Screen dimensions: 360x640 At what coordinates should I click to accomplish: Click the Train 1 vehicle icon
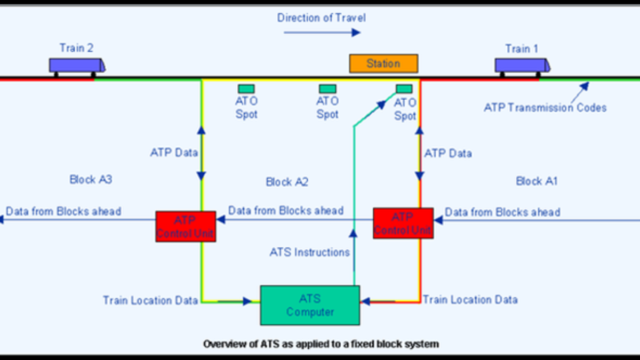pyautogui.click(x=522, y=65)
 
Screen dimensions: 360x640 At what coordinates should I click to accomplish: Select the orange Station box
pyautogui.click(x=383, y=63)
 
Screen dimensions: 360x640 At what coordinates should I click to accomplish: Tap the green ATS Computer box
pyautogui.click(x=310, y=305)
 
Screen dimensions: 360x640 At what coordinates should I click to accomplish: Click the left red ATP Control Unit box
pyautogui.click(x=186, y=227)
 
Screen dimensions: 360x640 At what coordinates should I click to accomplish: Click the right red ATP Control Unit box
pyautogui.click(x=403, y=223)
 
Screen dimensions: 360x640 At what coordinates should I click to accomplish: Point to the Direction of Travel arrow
pyautogui.click(x=322, y=33)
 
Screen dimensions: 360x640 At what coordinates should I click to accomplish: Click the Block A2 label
pyautogui.click(x=287, y=182)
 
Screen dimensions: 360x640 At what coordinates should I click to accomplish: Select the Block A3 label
pyautogui.click(x=91, y=179)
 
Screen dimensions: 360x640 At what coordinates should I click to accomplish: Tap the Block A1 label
pyautogui.click(x=537, y=181)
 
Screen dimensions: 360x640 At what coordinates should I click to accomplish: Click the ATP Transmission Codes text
pyautogui.click(x=545, y=108)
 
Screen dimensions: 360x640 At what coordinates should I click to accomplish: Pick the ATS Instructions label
pyautogui.click(x=309, y=252)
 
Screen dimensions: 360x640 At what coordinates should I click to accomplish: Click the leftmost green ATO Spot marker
pyautogui.click(x=246, y=89)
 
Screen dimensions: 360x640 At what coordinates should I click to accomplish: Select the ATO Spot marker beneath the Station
pyautogui.click(x=404, y=89)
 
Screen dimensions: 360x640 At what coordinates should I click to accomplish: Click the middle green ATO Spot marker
pyautogui.click(x=327, y=89)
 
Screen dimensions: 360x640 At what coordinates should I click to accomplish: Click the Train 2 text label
pyautogui.click(x=76, y=48)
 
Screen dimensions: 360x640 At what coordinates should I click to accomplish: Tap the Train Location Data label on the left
pyautogui.click(x=150, y=300)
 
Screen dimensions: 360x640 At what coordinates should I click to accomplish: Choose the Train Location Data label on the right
pyautogui.click(x=470, y=300)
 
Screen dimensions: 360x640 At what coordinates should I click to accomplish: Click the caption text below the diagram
pyautogui.click(x=321, y=344)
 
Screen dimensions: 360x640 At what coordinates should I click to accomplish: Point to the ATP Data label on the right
pyautogui.click(x=448, y=154)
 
